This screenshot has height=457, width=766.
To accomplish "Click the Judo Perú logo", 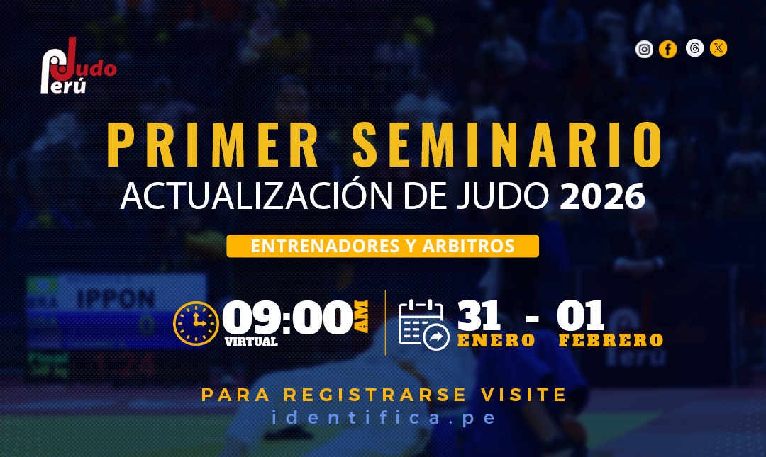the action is (78, 66).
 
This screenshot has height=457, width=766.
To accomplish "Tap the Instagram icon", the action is (644, 50).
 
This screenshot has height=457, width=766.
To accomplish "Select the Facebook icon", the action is (668, 50).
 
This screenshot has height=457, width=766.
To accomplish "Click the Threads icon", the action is (694, 48).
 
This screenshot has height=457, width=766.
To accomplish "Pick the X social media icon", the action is (718, 48).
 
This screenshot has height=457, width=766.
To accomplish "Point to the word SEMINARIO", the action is (508, 145).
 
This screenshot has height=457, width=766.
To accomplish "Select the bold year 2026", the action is (602, 196).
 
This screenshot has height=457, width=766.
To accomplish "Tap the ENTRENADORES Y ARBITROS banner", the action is (382, 246).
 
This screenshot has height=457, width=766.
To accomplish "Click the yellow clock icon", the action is (196, 323).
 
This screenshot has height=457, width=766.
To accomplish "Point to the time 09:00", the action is (288, 318).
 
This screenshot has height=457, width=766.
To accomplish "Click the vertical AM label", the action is (361, 317).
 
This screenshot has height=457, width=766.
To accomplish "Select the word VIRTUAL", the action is (251, 342).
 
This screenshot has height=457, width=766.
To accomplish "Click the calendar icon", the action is (423, 325).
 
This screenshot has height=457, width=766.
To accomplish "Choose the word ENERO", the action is (496, 340).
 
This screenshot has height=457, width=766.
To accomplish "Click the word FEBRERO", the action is (611, 340).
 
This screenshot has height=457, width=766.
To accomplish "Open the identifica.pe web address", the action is (384, 418).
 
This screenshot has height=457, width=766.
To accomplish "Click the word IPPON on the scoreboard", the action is (116, 298).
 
